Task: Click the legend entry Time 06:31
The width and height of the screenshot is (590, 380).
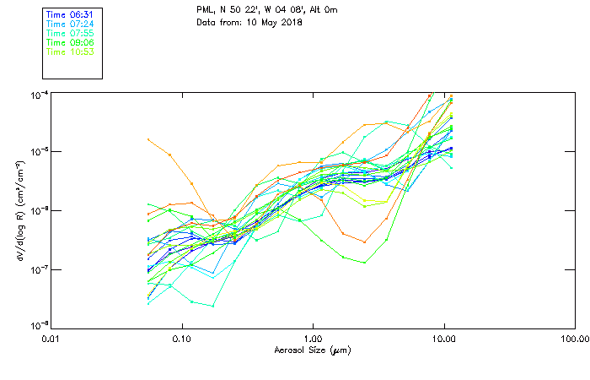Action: click(70, 14)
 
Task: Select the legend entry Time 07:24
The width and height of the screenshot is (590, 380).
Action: click(70, 24)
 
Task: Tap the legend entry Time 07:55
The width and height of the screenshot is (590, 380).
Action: click(70, 33)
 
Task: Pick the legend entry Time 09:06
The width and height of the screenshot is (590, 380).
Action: click(70, 42)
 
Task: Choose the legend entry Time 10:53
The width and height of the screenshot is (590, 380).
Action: click(70, 52)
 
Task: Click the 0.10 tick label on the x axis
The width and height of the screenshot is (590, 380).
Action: click(181, 339)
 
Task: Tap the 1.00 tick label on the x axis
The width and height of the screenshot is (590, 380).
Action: click(313, 339)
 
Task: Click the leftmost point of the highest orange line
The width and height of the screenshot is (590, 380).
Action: click(148, 139)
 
